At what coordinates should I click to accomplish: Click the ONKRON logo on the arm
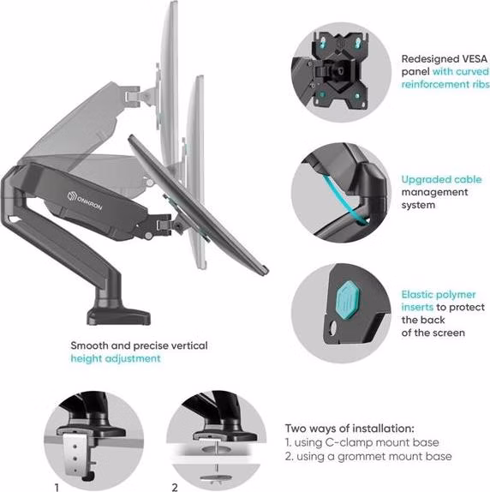click(85, 201)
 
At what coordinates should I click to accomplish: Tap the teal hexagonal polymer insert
click(347, 301)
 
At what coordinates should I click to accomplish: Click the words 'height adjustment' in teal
click(116, 358)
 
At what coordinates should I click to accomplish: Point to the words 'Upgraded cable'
click(441, 179)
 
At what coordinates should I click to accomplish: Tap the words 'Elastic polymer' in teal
click(439, 294)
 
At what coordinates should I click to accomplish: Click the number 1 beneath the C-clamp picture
click(57, 488)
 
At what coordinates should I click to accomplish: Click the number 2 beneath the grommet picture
click(175, 488)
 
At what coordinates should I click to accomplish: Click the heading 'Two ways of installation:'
click(350, 428)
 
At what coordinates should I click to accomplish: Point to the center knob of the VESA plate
click(340, 71)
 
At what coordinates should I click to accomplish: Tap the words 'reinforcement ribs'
click(445, 84)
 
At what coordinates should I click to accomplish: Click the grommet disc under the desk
click(216, 478)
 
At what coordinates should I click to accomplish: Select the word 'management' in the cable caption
click(434, 192)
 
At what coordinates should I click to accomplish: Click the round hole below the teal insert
click(332, 327)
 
